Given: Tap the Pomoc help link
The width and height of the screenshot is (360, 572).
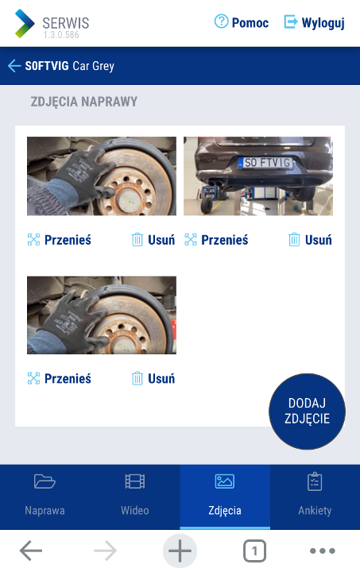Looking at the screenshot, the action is pyautogui.click(x=242, y=22).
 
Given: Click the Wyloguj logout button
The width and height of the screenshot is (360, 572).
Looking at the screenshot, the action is pyautogui.click(x=314, y=22).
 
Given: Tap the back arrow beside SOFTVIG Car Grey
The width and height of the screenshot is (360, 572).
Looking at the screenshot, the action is pyautogui.click(x=14, y=66).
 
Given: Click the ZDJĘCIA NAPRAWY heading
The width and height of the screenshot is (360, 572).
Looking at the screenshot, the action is pyautogui.click(x=84, y=102).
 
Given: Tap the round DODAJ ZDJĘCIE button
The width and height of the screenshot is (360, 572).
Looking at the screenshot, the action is pyautogui.click(x=307, y=412).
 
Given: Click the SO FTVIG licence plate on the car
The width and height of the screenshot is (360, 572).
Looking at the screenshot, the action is pyautogui.click(x=266, y=162).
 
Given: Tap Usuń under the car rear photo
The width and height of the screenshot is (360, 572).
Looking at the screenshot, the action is pyautogui.click(x=311, y=240).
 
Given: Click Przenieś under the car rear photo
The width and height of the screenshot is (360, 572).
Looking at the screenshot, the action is pyautogui.click(x=216, y=240).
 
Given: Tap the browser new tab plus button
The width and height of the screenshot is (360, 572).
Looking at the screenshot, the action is pyautogui.click(x=180, y=551).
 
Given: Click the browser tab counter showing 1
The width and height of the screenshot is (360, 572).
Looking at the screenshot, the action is pyautogui.click(x=254, y=551).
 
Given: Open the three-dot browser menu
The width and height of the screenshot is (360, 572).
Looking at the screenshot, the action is pyautogui.click(x=323, y=551).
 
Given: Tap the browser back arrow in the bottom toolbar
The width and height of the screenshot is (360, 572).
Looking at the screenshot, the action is pyautogui.click(x=31, y=551).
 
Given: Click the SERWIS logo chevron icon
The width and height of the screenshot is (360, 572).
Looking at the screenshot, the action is pyautogui.click(x=25, y=23).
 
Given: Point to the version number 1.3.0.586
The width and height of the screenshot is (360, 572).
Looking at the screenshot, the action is pyautogui.click(x=61, y=35).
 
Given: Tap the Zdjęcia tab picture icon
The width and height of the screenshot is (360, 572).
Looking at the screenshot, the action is pyautogui.click(x=225, y=481).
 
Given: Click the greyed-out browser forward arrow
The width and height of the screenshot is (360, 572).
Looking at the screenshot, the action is pyautogui.click(x=106, y=551).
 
